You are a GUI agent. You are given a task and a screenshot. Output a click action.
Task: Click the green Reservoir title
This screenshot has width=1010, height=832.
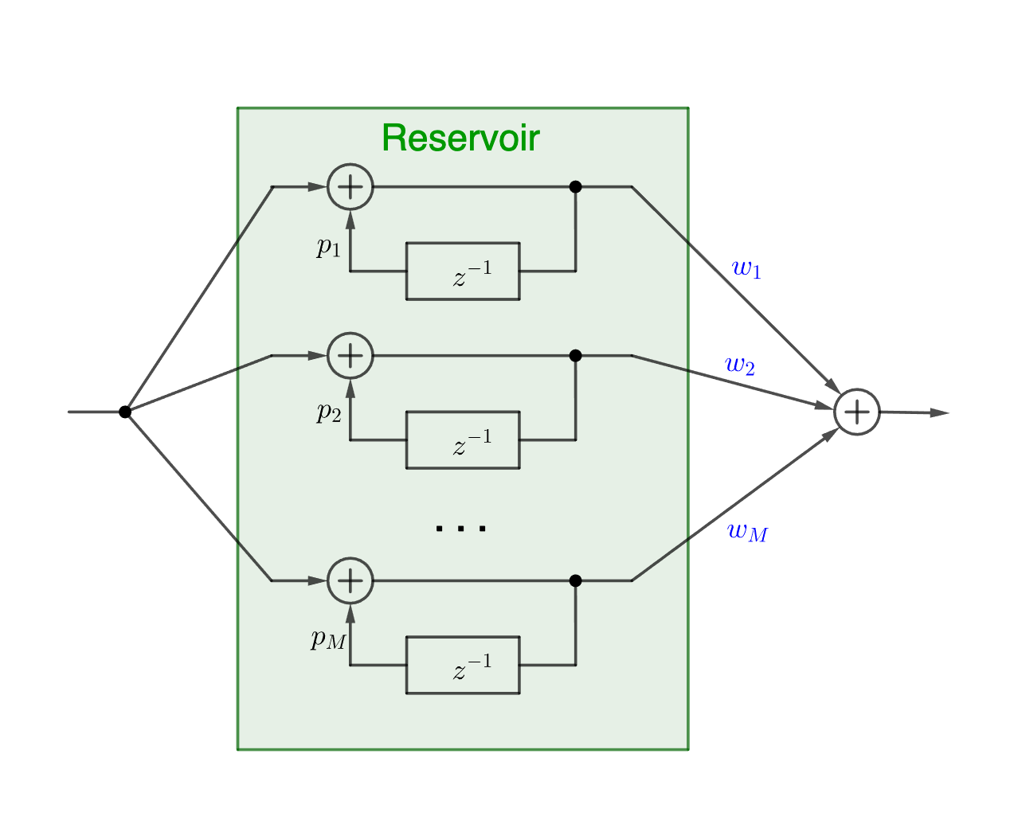point(460,139)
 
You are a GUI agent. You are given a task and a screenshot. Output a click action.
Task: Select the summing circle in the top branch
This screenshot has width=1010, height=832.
point(350,187)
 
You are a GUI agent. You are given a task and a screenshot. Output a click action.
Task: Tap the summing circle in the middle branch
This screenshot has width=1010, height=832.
point(350,356)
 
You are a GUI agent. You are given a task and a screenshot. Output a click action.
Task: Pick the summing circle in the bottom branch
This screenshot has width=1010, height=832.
point(350,581)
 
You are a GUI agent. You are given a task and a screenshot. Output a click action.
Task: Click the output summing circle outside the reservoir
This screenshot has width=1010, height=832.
point(856,412)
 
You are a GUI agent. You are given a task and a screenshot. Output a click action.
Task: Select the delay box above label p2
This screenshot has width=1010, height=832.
point(463,271)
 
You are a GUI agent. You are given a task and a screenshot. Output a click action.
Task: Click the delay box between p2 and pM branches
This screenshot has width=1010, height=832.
point(463,439)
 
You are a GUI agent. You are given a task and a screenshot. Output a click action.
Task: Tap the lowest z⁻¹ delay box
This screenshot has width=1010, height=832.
point(463,665)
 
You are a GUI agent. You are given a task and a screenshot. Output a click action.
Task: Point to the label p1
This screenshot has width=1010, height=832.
point(328,248)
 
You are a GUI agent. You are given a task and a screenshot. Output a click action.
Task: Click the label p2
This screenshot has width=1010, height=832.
point(328,412)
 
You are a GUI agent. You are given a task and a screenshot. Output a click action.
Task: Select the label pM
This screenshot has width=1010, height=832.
point(328,639)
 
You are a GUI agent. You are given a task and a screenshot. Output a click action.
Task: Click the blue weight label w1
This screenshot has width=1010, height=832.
point(746,269)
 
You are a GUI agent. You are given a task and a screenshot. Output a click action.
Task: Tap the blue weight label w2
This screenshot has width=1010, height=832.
point(739,365)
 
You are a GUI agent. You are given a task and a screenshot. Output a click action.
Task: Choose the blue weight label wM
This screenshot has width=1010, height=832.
point(747,532)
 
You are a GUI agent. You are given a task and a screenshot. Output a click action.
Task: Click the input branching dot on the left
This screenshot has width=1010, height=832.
point(125,412)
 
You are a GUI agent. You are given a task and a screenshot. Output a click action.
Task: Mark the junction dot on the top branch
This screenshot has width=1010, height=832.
point(576,187)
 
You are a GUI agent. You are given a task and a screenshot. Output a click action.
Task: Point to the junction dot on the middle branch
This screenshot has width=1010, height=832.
point(576,356)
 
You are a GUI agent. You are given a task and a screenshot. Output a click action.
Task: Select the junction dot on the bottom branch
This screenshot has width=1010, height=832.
point(576,581)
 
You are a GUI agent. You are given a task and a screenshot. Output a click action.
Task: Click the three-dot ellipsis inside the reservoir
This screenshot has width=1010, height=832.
point(461,528)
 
